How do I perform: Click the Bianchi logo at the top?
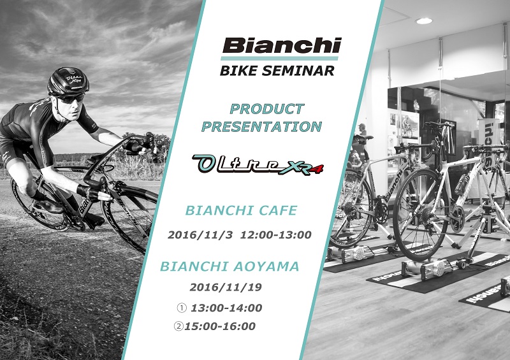click(x=282, y=45)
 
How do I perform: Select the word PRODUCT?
click(x=267, y=109)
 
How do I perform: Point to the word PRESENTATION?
click(x=262, y=127)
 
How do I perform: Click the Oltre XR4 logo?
click(x=258, y=164)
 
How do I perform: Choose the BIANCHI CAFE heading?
click(x=242, y=210)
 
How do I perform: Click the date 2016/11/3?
click(x=200, y=235)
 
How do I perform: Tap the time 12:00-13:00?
click(x=276, y=235)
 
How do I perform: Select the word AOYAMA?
click(x=266, y=266)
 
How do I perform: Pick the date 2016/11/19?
click(x=226, y=287)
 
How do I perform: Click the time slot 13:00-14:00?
click(x=226, y=308)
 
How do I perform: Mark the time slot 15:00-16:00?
click(x=220, y=326)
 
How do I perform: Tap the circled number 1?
click(x=182, y=308)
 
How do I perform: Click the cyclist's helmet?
click(x=68, y=81)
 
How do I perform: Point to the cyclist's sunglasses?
click(x=69, y=99)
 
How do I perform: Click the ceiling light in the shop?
click(x=424, y=21)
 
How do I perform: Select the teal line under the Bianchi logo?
click(x=280, y=59)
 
